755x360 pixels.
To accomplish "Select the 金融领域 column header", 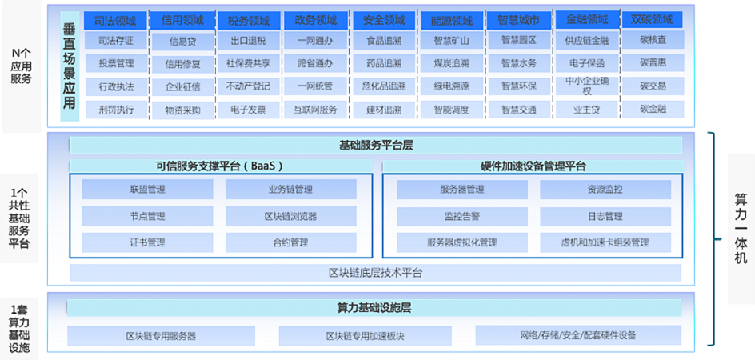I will point(586,18).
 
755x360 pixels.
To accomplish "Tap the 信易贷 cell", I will point(182,41).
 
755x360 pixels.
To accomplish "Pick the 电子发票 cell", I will point(248,110).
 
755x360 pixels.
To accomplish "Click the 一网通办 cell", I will point(315,40).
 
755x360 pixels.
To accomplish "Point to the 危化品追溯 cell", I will point(383,86).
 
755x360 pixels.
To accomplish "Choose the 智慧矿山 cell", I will point(451,40).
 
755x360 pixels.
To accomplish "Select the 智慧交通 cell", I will point(518,110).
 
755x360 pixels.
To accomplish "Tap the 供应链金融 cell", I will point(586,41).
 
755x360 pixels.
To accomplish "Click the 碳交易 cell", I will point(653,86).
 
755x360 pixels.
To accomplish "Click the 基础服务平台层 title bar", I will point(375,145).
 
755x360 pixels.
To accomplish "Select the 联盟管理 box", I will point(147,190).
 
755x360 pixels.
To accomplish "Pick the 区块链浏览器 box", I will point(290,216).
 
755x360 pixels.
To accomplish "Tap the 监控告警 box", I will point(461,216).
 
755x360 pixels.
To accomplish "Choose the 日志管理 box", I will point(605,216).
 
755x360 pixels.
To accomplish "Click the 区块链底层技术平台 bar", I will point(375,273).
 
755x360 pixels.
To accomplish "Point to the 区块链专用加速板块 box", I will point(365,335).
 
